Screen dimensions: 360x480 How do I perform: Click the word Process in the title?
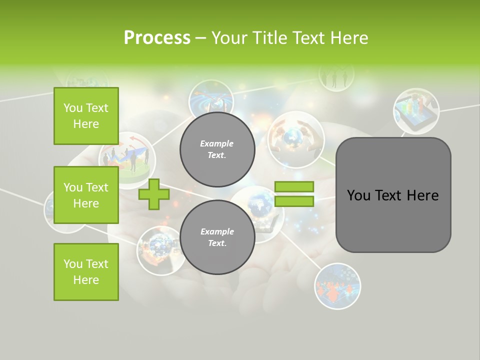click(x=157, y=38)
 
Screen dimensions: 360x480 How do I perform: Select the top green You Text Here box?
click(x=86, y=116)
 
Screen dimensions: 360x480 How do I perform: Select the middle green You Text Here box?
click(x=86, y=195)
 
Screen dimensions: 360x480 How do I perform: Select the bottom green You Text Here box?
click(x=86, y=272)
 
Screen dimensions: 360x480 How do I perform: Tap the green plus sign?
click(x=154, y=194)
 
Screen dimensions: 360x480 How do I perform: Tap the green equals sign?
click(x=294, y=194)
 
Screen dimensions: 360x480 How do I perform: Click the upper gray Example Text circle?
click(x=217, y=149)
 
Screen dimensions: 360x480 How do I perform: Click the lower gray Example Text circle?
click(x=217, y=237)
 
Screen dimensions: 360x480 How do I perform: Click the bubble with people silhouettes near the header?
click(x=336, y=76)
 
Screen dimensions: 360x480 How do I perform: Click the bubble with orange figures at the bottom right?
click(x=337, y=286)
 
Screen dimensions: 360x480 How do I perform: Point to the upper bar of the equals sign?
click(x=294, y=187)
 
